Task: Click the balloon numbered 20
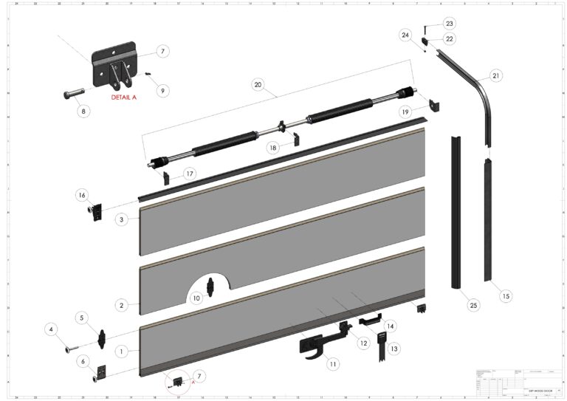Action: pyautogui.click(x=258, y=86)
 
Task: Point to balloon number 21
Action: pyautogui.click(x=495, y=76)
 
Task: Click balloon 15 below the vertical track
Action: pyautogui.click(x=505, y=296)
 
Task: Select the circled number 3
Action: pyautogui.click(x=121, y=219)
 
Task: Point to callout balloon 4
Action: pyautogui.click(x=52, y=329)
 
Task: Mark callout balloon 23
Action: pyautogui.click(x=449, y=22)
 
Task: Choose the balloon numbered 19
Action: pyautogui.click(x=405, y=111)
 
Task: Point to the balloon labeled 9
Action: pyautogui.click(x=163, y=91)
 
